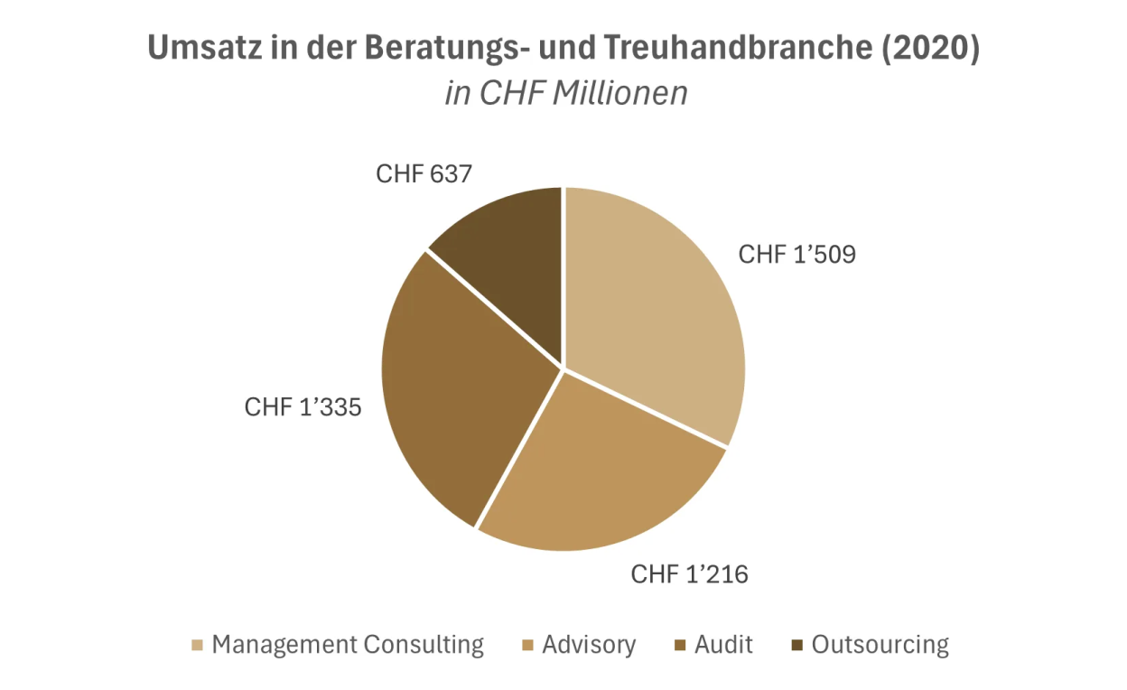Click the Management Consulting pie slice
pyautogui.click(x=655, y=307)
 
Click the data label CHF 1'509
pyautogui.click(x=796, y=255)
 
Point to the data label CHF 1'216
pyautogui.click(x=689, y=573)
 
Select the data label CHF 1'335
pyautogui.click(x=303, y=407)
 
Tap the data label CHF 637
pyautogui.click(x=424, y=173)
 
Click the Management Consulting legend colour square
pyautogui.click(x=197, y=646)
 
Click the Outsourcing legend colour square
pyautogui.click(x=796, y=646)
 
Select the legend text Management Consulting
pyautogui.click(x=348, y=645)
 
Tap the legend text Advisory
pyautogui.click(x=589, y=645)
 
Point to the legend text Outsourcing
pyautogui.click(x=880, y=645)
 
